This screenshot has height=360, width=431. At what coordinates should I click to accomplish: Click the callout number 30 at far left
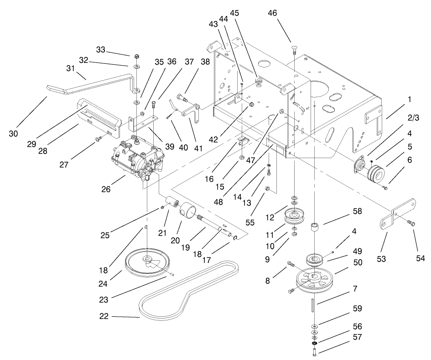pyautogui.click(x=14, y=134)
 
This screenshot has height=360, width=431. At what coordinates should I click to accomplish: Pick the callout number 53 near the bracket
pyautogui.click(x=381, y=259)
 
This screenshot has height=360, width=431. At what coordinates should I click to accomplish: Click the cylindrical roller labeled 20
pyautogui.click(x=189, y=212)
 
